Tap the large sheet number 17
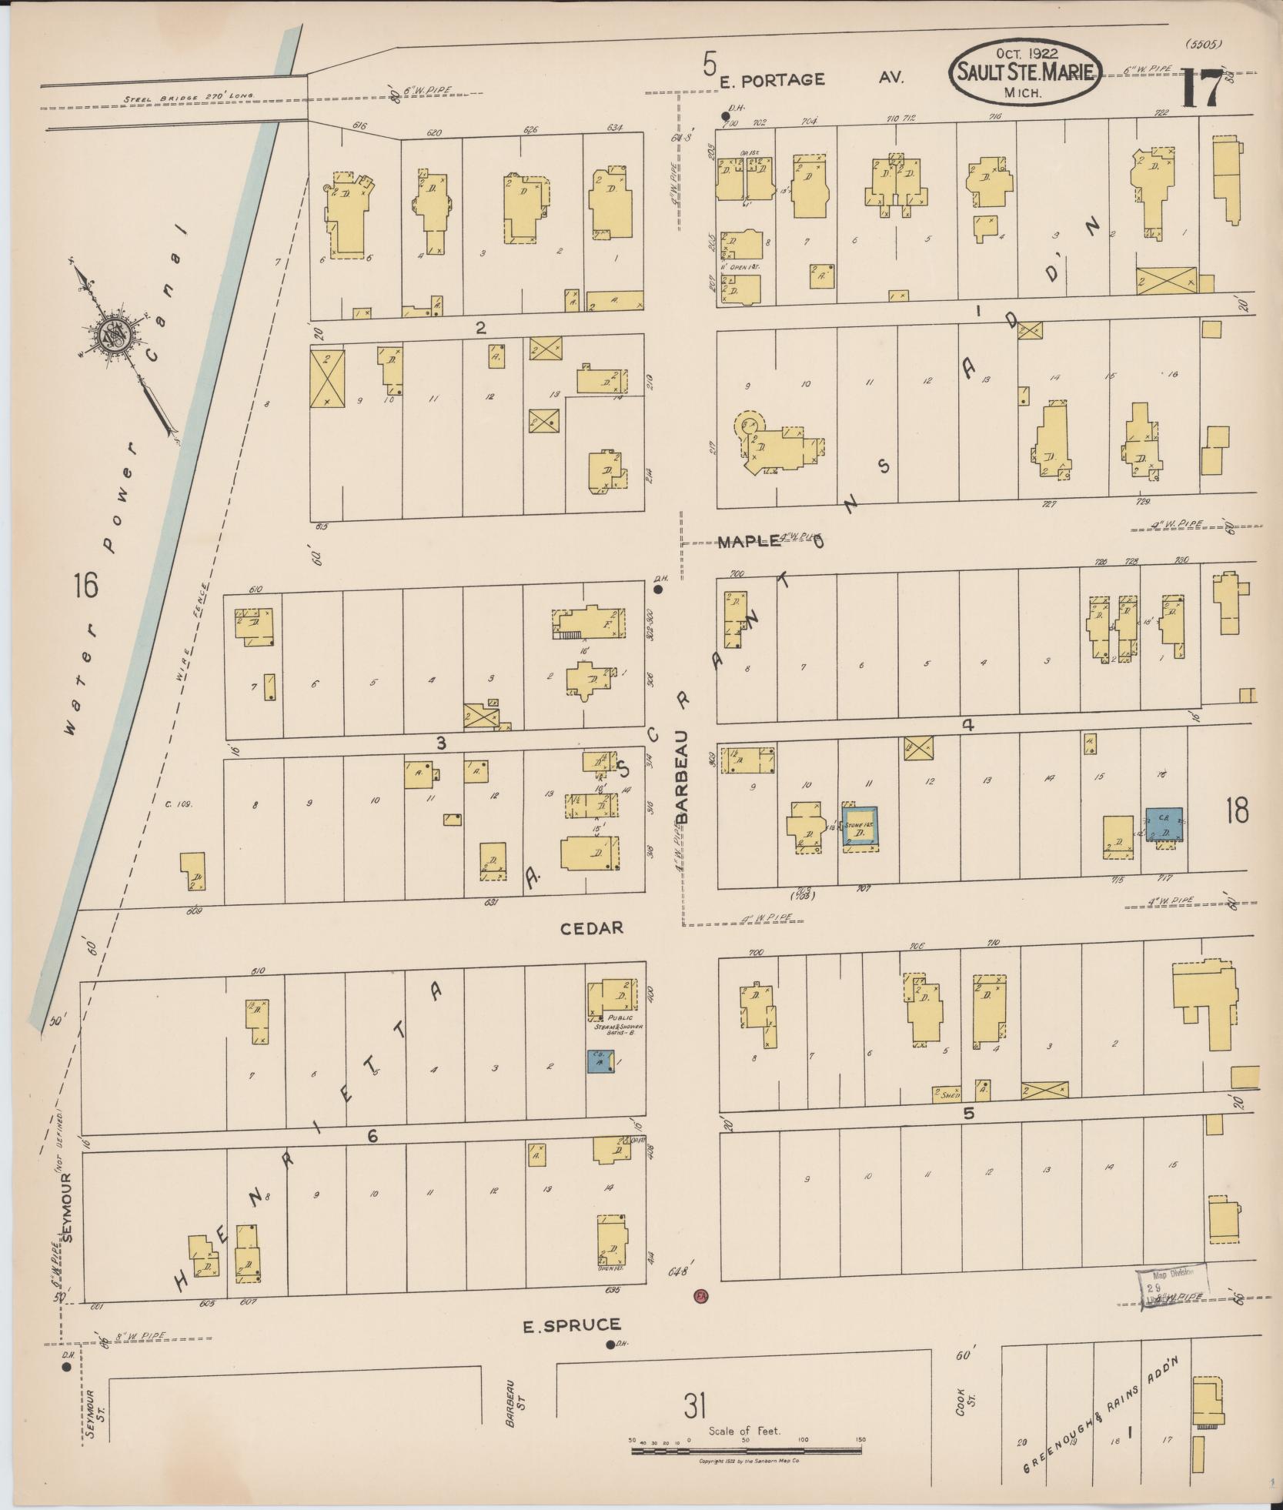pos(1201,89)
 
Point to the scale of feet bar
pos(746,1451)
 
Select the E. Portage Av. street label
pos(773,79)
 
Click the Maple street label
pos(749,542)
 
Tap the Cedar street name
pos(592,928)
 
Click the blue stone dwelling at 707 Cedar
pos(860,828)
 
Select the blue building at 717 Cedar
pos(1164,823)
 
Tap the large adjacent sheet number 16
pos(86,587)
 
